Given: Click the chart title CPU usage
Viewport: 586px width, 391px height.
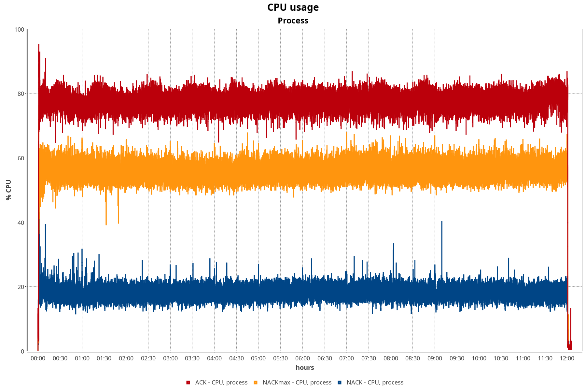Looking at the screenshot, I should pyautogui.click(x=293, y=7).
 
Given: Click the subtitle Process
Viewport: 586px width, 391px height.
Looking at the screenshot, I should pyautogui.click(x=293, y=21).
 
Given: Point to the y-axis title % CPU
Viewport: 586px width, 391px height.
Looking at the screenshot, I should pyautogui.click(x=9, y=190).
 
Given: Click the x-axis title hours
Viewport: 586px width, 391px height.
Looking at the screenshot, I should pyautogui.click(x=305, y=368).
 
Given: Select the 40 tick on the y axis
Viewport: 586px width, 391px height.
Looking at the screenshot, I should pyautogui.click(x=21, y=223).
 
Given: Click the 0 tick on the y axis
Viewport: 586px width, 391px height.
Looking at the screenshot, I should pyautogui.click(x=22, y=351).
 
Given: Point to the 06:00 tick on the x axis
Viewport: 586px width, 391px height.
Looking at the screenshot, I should pyautogui.click(x=302, y=358).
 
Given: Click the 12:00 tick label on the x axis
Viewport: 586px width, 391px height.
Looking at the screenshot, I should pyautogui.click(x=567, y=358).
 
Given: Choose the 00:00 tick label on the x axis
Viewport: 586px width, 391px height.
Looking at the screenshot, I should pyautogui.click(x=38, y=358).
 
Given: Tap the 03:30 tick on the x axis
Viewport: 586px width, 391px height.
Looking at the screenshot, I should pyautogui.click(x=192, y=358).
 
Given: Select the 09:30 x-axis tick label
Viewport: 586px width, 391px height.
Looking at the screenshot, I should pyautogui.click(x=457, y=358).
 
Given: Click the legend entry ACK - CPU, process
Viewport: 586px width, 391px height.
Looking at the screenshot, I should pyautogui.click(x=221, y=383).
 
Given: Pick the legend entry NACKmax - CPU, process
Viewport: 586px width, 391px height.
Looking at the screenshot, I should pyautogui.click(x=297, y=383).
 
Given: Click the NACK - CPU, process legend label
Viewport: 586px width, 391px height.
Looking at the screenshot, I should pyautogui.click(x=375, y=383).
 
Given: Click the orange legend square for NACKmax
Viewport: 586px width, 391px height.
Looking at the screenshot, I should pyautogui.click(x=256, y=383).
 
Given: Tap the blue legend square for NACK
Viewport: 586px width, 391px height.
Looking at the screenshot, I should pyautogui.click(x=340, y=383).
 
